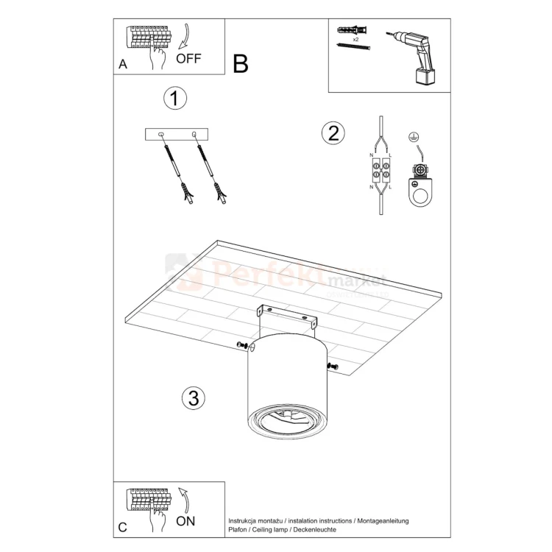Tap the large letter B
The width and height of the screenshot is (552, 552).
240,64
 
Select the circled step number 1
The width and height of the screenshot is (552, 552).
174,99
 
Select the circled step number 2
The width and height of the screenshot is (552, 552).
333,133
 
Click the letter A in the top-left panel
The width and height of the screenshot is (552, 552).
123,65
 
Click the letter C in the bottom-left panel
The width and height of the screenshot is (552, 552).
123,527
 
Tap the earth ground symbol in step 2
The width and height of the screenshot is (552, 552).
413,138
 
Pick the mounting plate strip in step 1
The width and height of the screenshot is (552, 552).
177,134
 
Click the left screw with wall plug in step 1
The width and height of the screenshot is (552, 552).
177,174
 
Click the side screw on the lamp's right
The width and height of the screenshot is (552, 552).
333,365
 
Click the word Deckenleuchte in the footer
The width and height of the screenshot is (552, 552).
314,530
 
